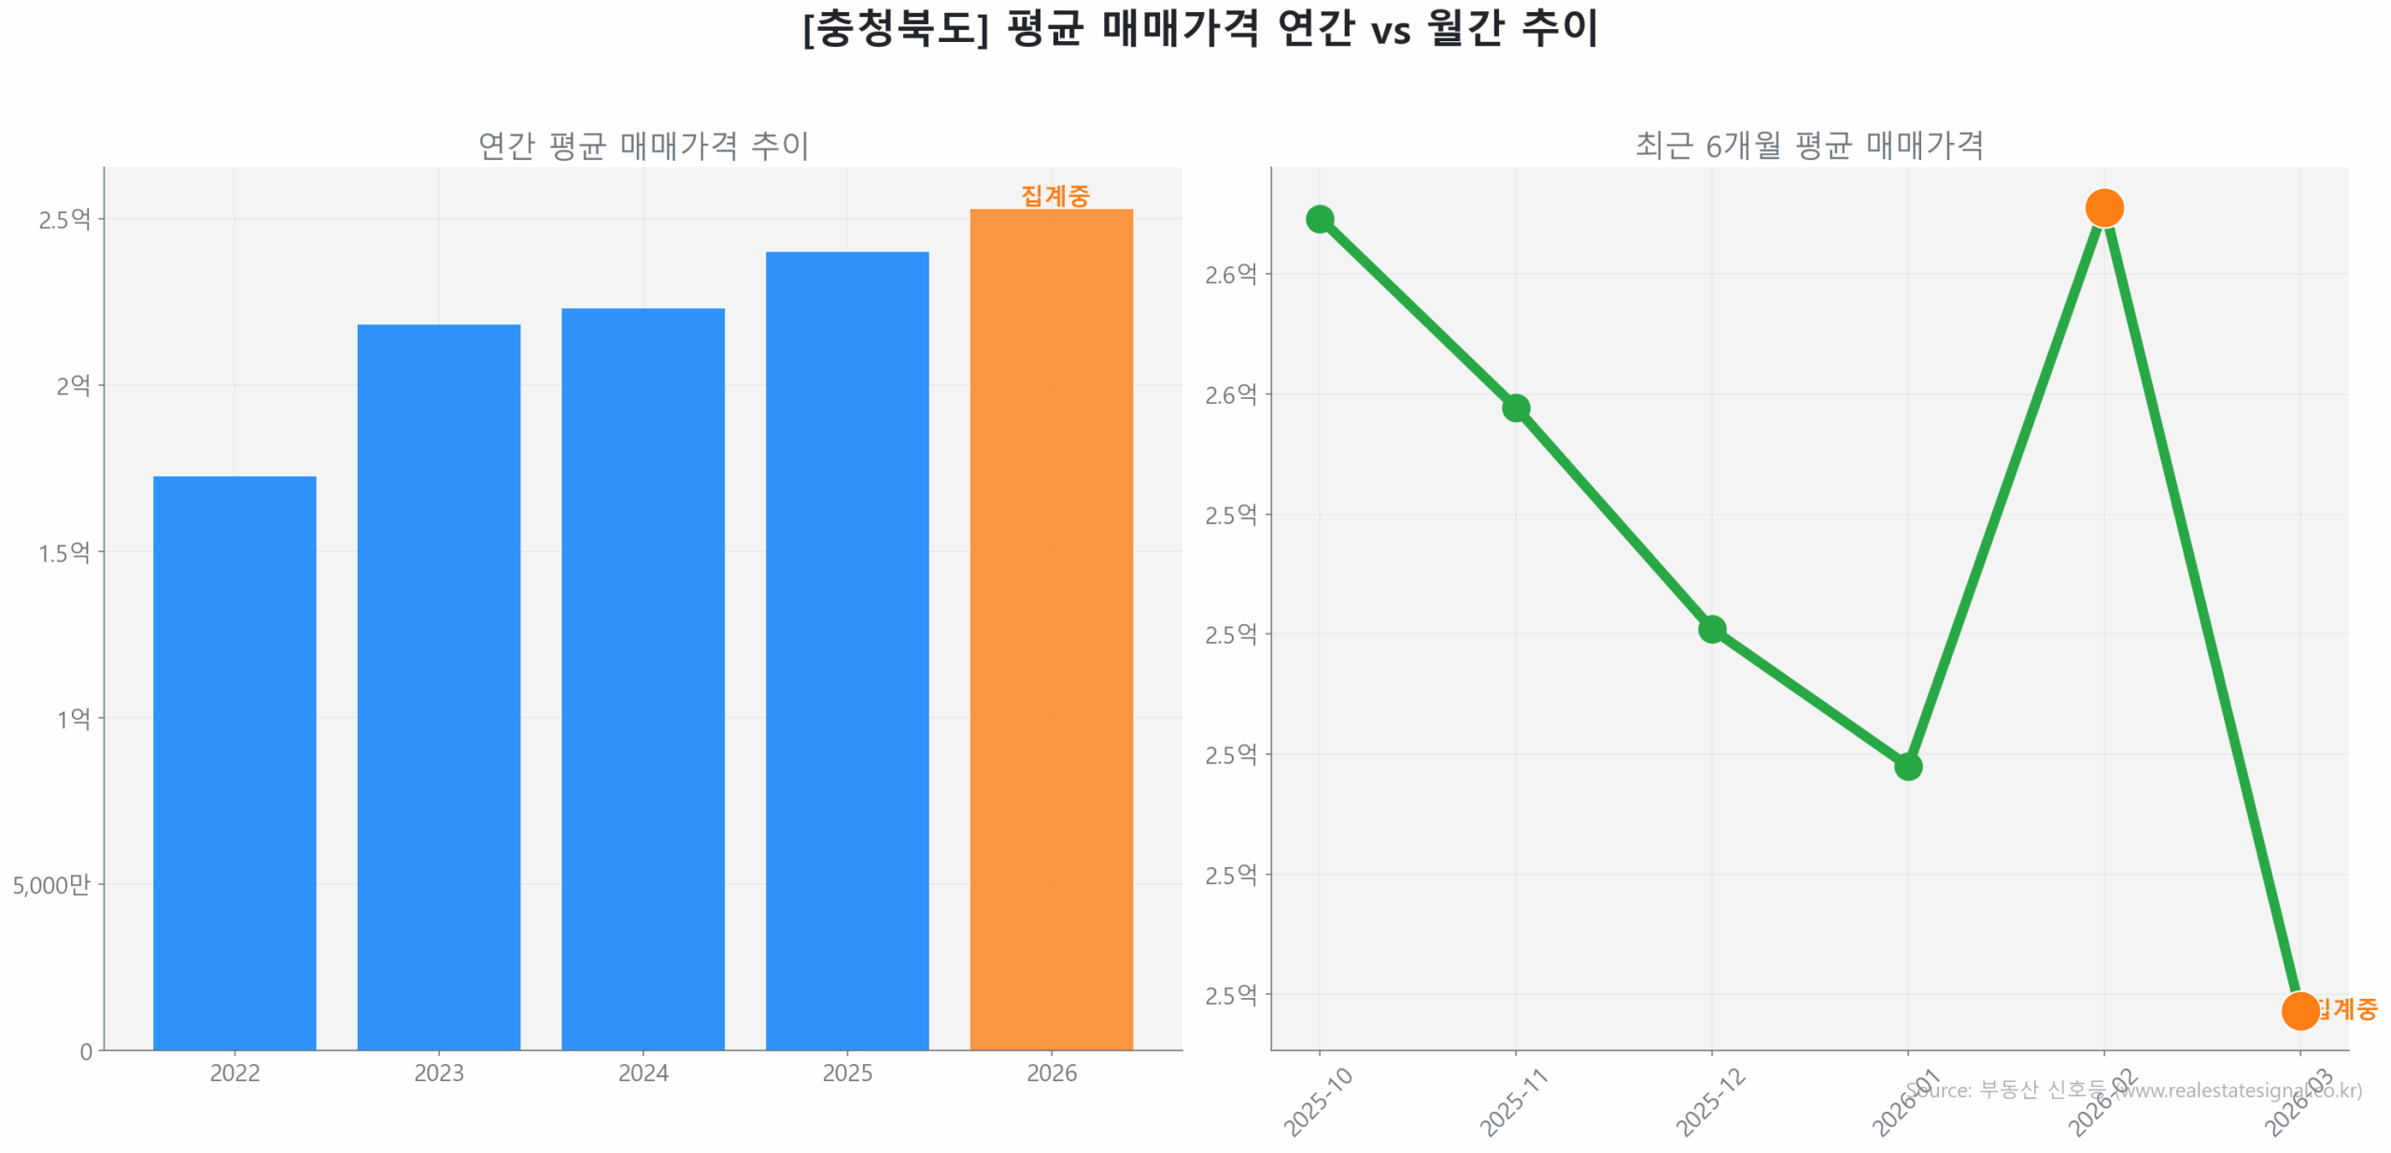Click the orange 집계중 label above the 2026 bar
(1055, 195)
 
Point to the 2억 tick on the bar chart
(73, 385)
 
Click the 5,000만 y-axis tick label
(51, 884)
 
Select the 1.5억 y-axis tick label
(64, 552)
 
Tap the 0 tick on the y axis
(86, 1051)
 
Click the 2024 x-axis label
(643, 1073)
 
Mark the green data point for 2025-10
(1320, 219)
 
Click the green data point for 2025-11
(1516, 407)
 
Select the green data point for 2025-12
(1712, 629)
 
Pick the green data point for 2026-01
(1908, 766)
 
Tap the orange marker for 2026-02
(2104, 207)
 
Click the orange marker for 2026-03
(2300, 1010)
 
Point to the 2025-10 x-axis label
(1318, 1103)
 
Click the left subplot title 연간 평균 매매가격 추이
(643, 145)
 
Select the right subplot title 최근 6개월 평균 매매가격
(1809, 145)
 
